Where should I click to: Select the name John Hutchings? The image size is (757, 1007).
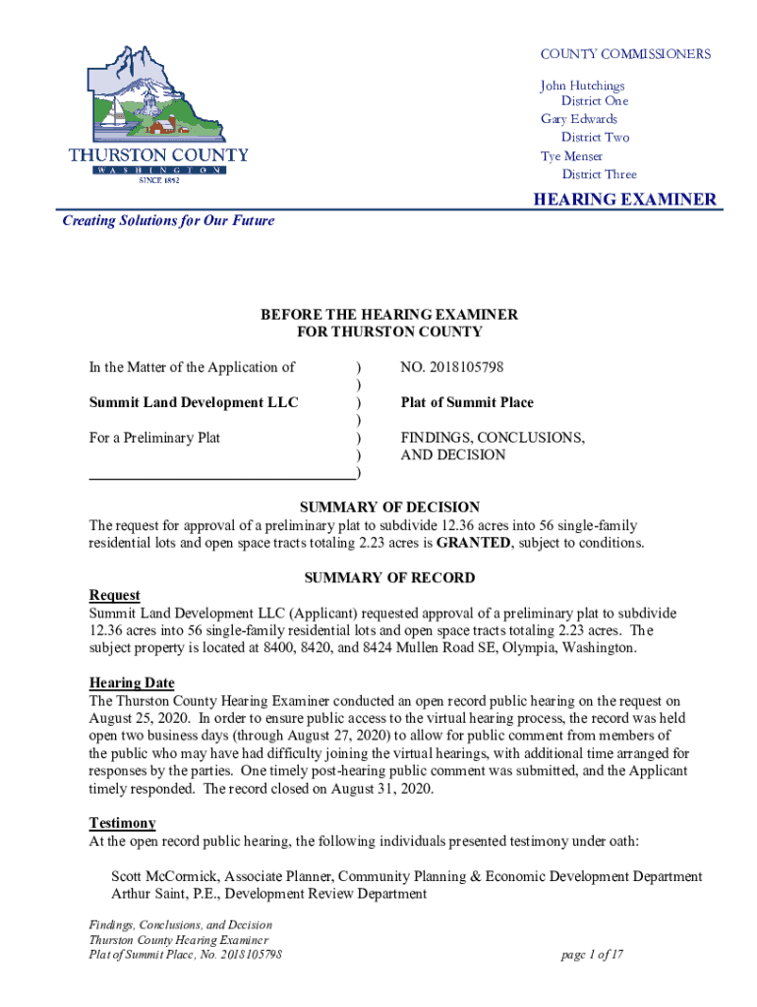tap(582, 86)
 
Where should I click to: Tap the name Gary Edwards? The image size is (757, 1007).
tap(579, 119)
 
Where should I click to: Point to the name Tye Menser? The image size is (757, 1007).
tap(571, 156)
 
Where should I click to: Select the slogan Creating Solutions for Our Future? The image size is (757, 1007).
tap(168, 220)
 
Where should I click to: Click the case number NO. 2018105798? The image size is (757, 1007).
tap(451, 367)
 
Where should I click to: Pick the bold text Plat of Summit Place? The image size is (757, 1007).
tap(467, 402)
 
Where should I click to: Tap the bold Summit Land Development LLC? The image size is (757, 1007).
tap(194, 402)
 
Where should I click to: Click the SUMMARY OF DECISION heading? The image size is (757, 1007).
tap(389, 507)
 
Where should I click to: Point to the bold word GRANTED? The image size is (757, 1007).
tap(477, 543)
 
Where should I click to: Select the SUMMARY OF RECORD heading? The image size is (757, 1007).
tap(389, 578)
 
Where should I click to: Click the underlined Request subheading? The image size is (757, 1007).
tap(114, 595)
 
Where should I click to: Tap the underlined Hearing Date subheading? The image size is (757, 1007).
tap(132, 682)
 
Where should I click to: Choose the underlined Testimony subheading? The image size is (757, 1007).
tap(122, 822)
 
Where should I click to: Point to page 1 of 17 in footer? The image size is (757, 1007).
tap(593, 955)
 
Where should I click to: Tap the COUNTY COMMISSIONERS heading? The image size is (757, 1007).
tap(625, 54)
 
